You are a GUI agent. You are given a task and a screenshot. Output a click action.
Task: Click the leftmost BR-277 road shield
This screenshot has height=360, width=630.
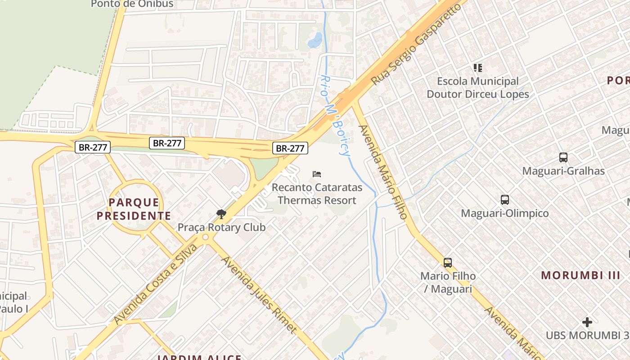[x=92, y=147]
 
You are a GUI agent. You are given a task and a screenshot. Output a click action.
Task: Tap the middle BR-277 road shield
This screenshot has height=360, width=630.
[x=167, y=143]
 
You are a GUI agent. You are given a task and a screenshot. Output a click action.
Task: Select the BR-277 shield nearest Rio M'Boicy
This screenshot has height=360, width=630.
[x=290, y=148]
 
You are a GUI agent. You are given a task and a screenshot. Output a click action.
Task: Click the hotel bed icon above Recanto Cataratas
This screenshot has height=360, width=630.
[x=317, y=174]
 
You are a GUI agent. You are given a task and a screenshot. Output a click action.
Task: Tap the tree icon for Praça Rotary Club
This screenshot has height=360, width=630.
[x=221, y=214]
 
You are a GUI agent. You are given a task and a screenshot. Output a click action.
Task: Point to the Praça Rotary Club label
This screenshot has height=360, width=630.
[x=221, y=227]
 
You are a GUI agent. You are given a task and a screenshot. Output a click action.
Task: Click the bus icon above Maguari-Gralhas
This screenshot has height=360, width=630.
[x=563, y=157]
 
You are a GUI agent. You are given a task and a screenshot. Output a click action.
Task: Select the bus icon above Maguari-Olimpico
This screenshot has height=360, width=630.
[x=505, y=200]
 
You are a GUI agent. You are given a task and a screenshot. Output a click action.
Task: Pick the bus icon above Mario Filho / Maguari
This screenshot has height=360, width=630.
[x=448, y=263]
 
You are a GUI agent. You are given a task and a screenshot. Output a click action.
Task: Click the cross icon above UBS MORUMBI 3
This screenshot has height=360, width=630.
[x=587, y=322]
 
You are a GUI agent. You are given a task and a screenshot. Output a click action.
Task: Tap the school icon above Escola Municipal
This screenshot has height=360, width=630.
[x=477, y=68]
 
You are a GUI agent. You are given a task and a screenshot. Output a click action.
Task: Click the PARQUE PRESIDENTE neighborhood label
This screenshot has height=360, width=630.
[x=134, y=209]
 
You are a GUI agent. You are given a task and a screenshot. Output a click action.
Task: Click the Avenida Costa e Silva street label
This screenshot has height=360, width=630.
[x=155, y=284]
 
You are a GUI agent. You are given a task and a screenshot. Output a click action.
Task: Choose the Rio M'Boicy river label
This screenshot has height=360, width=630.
[x=335, y=115]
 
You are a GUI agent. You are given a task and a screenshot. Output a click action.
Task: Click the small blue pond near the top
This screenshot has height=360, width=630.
[x=315, y=40]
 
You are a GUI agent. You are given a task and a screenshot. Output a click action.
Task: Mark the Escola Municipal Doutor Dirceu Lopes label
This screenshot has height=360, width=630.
[x=477, y=88]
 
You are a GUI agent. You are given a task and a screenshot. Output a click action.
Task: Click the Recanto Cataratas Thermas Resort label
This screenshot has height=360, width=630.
[x=317, y=193]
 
